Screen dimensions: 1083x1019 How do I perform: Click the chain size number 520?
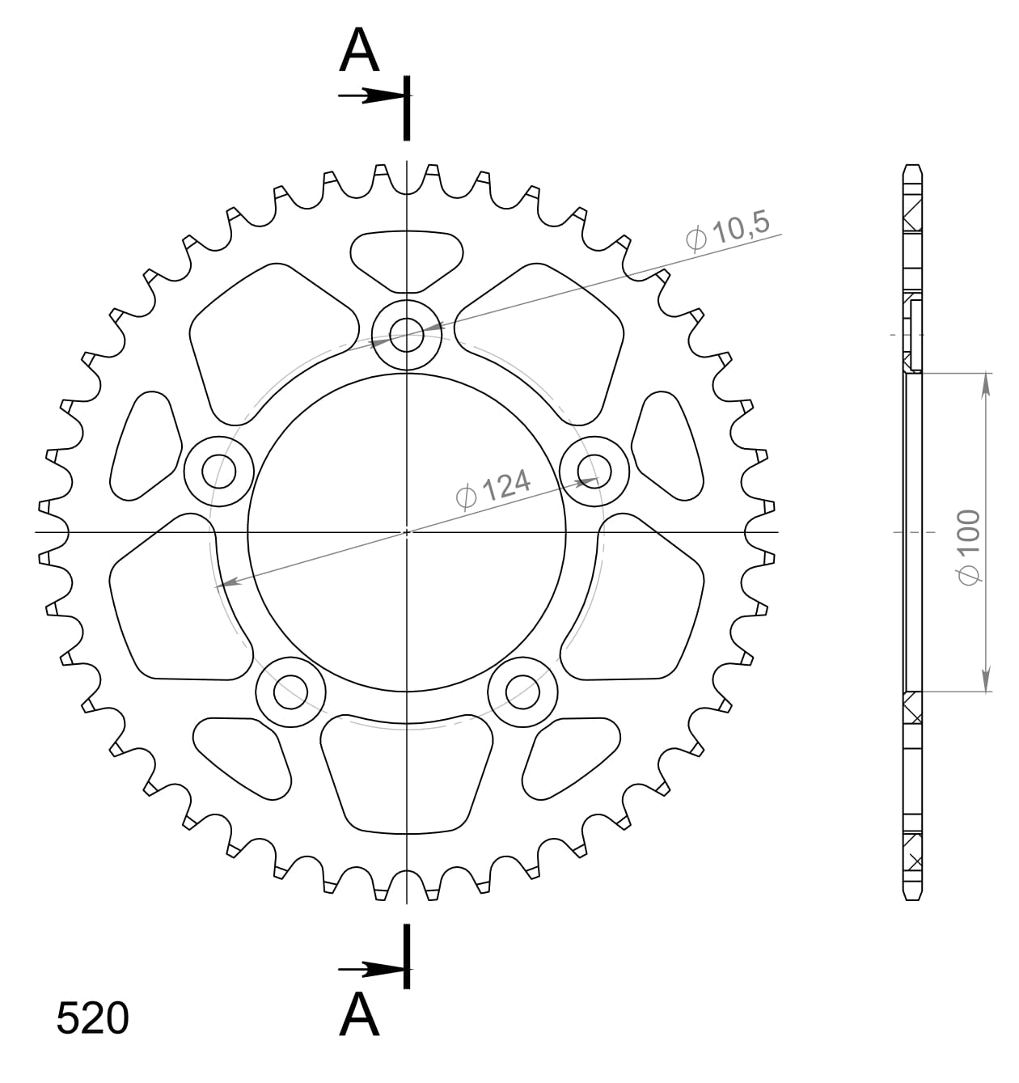click(x=92, y=1019)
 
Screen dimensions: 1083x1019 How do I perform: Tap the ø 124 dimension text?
click(x=494, y=489)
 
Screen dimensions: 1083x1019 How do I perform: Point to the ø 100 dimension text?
click(x=968, y=545)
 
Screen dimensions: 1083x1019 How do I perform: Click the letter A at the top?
click(x=359, y=50)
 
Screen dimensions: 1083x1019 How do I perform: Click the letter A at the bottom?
click(x=359, y=1014)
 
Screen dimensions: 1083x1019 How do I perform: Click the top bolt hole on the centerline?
click(x=407, y=333)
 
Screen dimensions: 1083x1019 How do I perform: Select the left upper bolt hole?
click(x=219, y=470)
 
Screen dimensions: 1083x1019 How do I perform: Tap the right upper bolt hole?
click(x=594, y=470)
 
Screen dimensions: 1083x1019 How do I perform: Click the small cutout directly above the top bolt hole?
click(x=406, y=259)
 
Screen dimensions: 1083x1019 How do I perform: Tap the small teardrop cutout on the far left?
click(x=146, y=445)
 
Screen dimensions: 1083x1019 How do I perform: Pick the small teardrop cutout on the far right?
click(x=666, y=445)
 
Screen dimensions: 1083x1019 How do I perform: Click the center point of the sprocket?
click(x=407, y=532)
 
